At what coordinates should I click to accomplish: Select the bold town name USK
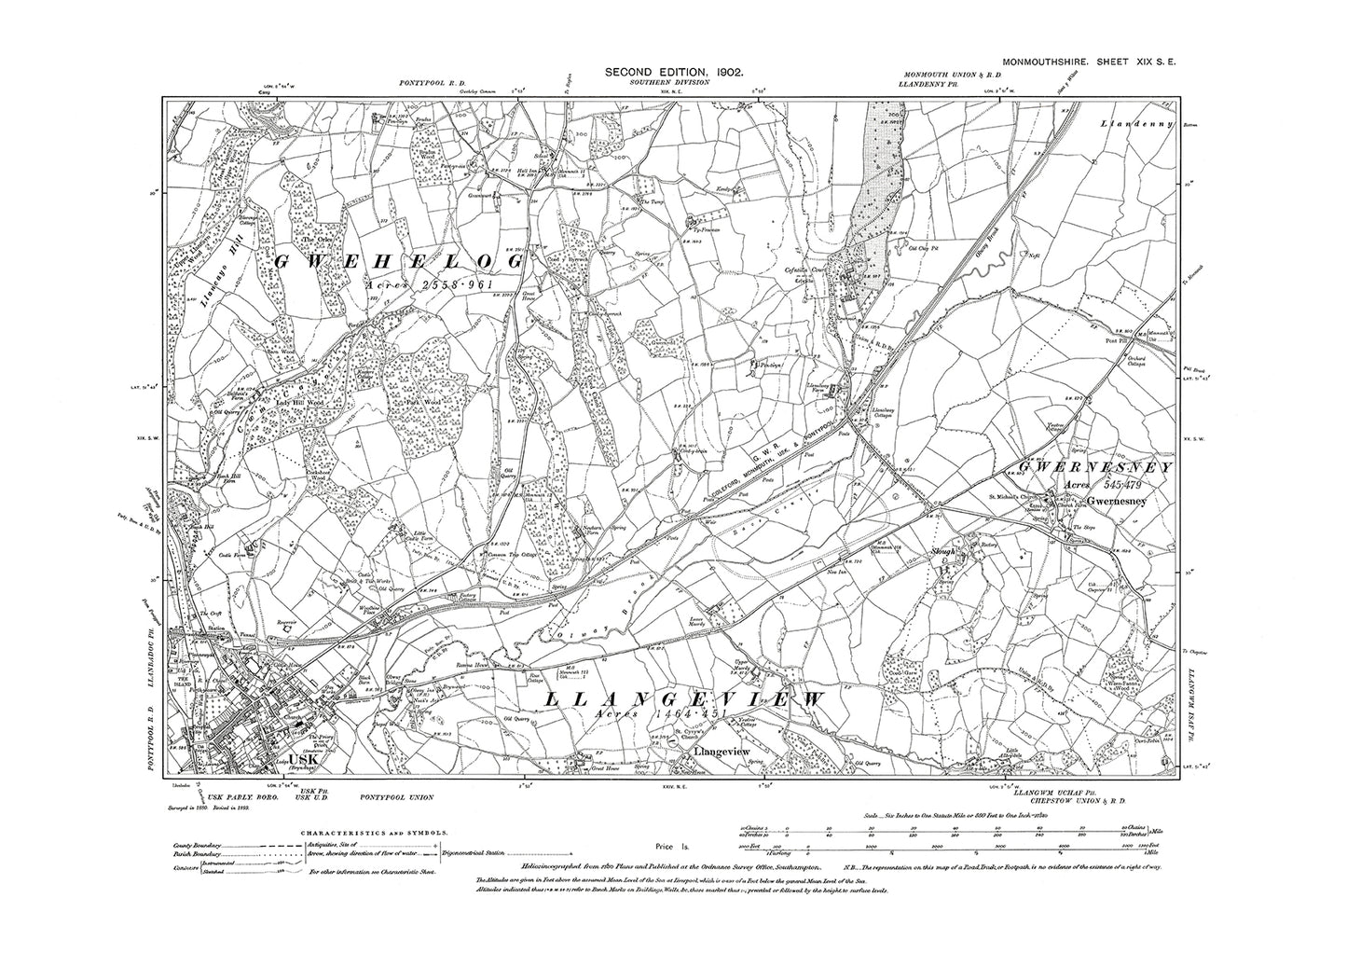click(304, 760)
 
